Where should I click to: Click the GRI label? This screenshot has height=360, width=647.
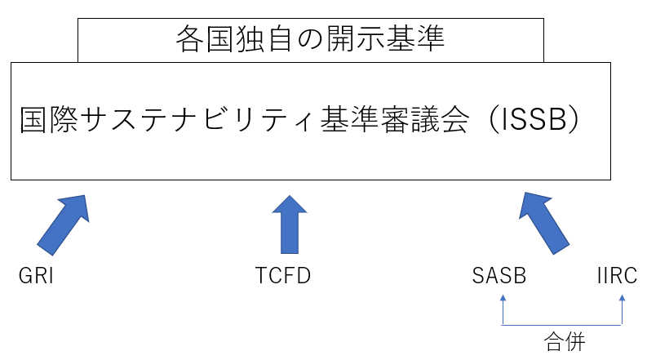[36, 276]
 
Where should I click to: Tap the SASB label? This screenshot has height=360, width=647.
[499, 276]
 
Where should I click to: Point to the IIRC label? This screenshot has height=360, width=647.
[616, 276]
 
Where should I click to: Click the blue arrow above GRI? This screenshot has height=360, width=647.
[62, 221]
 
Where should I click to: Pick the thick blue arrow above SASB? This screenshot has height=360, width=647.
[545, 221]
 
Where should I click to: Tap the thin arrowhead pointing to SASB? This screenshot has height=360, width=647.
[503, 300]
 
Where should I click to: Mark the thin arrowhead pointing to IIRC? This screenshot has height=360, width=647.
[623, 300]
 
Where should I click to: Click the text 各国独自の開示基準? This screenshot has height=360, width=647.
[310, 38]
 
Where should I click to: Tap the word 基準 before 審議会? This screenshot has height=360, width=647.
[342, 120]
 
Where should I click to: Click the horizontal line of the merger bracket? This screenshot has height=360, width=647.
[563, 325]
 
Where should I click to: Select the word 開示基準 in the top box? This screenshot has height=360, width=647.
[391, 38]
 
